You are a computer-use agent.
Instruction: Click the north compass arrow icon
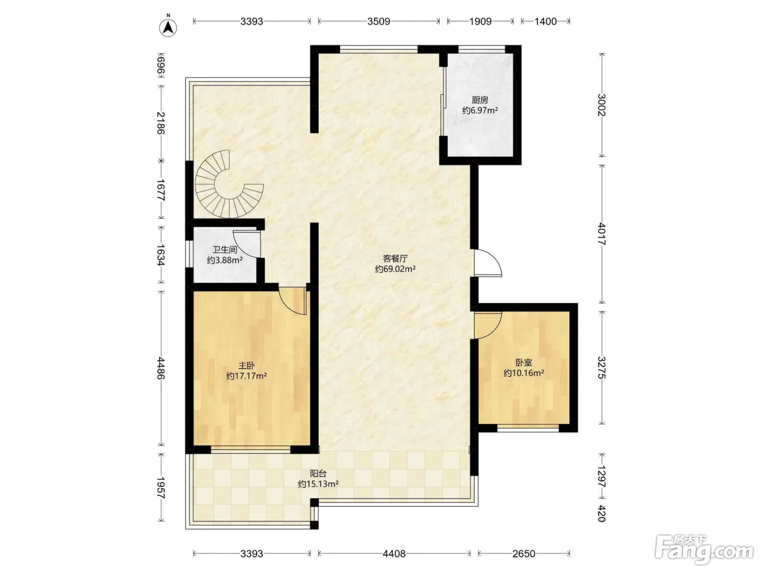[x=168, y=27]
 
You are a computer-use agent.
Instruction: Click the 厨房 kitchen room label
[x=480, y=100]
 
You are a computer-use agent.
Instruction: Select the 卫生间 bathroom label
[x=225, y=250]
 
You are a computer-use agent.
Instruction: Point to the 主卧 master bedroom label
[x=246, y=366]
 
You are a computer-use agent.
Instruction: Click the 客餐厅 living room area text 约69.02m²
[x=395, y=269]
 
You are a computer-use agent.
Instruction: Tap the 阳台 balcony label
[x=318, y=473]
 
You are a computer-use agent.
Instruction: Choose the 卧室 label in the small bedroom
[x=524, y=363]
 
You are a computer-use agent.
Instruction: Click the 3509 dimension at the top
[x=379, y=22]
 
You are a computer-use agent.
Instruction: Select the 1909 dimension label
[x=480, y=22]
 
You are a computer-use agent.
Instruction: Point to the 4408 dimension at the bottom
[x=394, y=553]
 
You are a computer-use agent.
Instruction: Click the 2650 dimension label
[x=524, y=553]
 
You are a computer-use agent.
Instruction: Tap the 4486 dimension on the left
[x=160, y=368]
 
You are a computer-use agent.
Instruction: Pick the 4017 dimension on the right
[x=602, y=234]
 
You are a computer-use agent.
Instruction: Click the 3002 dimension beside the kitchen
[x=602, y=105]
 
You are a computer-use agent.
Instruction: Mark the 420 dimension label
[x=602, y=514]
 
